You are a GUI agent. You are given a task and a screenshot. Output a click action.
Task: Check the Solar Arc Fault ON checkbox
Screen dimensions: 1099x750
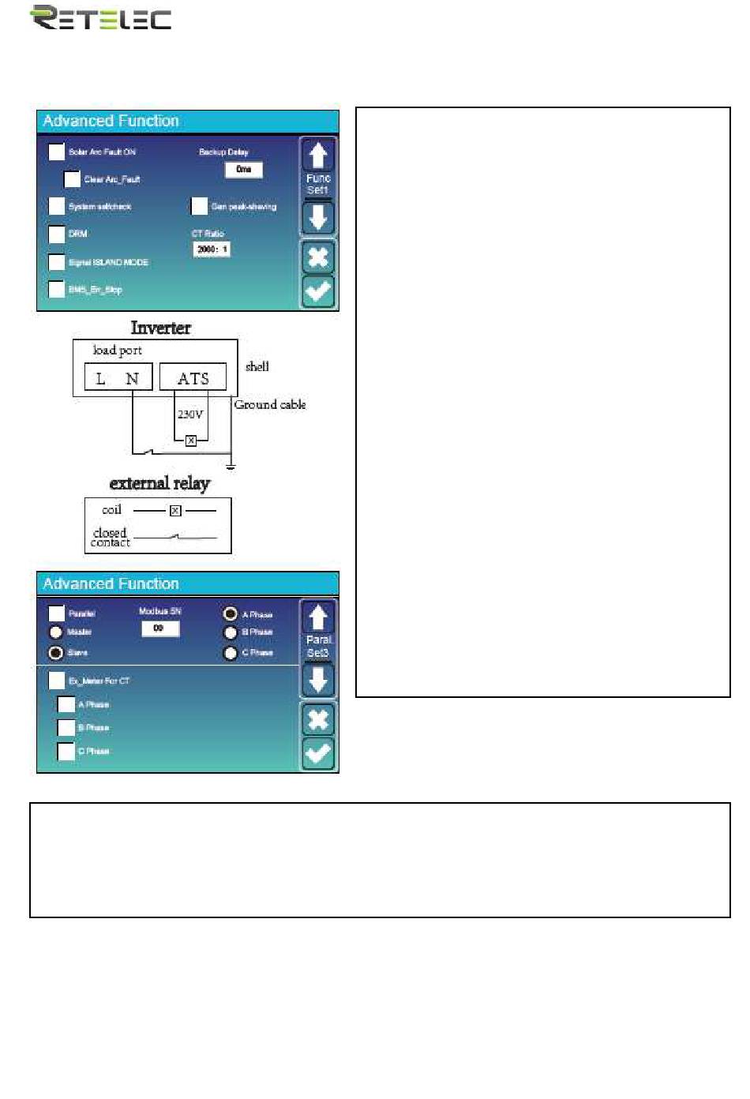pos(57,152)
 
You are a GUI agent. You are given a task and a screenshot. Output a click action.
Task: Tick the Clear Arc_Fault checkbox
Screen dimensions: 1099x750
pos(72,179)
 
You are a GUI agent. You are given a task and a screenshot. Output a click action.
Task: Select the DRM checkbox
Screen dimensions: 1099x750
pos(57,234)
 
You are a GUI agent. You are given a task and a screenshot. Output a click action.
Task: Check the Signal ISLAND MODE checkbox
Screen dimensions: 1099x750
pos(57,262)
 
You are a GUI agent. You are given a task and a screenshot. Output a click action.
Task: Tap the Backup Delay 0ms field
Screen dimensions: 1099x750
pos(243,170)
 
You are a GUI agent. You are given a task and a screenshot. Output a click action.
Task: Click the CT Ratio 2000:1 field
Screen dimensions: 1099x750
pos(212,249)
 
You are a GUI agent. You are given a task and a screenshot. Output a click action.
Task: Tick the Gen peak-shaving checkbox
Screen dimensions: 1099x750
pos(199,207)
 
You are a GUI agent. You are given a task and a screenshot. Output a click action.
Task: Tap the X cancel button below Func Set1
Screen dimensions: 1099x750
pos(318,257)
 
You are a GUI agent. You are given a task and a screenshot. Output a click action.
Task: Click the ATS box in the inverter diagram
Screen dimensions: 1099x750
pos(193,378)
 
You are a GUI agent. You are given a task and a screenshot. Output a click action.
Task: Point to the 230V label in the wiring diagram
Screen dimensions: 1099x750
pos(190,414)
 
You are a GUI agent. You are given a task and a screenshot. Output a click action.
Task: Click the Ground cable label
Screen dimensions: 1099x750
pos(269,404)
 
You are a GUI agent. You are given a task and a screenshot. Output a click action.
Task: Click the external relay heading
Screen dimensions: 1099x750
pos(159,483)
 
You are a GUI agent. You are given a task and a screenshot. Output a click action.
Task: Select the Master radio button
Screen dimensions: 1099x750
pos(56,632)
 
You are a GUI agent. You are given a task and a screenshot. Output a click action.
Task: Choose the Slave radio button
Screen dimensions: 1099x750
pos(56,653)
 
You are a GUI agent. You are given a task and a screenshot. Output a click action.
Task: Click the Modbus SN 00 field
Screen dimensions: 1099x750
pos(160,628)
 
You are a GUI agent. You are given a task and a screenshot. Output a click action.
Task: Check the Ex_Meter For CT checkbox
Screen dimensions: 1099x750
pos(57,681)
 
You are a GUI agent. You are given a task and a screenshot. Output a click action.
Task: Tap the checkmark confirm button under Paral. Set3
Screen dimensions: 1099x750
pos(318,753)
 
